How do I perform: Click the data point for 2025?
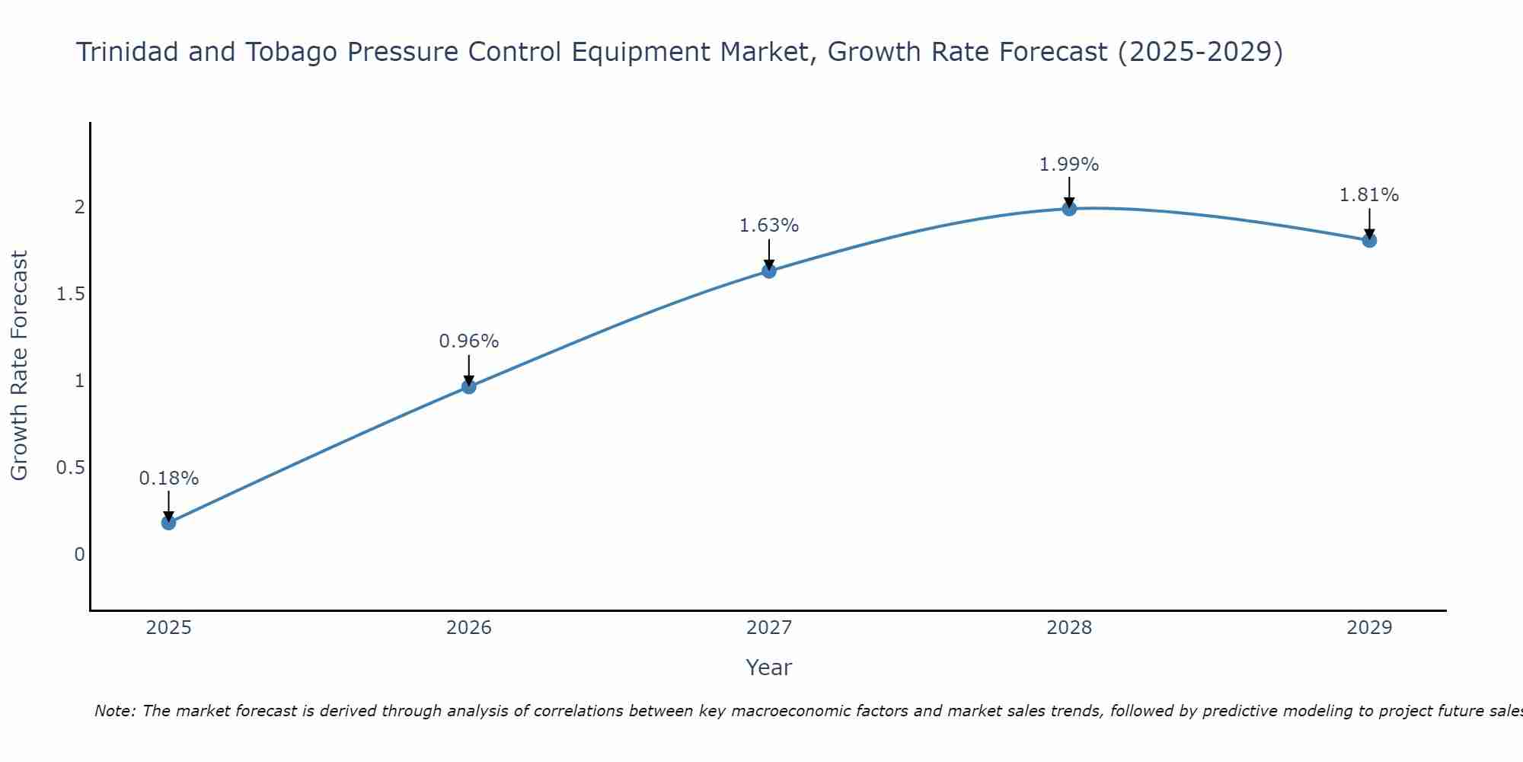pyautogui.click(x=168, y=523)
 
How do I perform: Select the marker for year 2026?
pyautogui.click(x=469, y=386)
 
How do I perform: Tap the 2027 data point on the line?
pyautogui.click(x=769, y=271)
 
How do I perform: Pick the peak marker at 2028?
pyautogui.click(x=1069, y=208)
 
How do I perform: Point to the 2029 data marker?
pyautogui.click(x=1369, y=240)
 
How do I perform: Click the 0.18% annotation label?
pyautogui.click(x=168, y=479)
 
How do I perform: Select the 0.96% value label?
pyautogui.click(x=469, y=341)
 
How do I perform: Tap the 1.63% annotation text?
pyautogui.click(x=769, y=226)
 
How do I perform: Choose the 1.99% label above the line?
pyautogui.click(x=1069, y=165)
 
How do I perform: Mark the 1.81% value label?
pyautogui.click(x=1369, y=195)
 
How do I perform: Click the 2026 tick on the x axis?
pyautogui.click(x=469, y=628)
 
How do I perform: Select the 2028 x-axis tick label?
pyautogui.click(x=1069, y=628)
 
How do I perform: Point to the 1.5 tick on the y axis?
pyautogui.click(x=70, y=294)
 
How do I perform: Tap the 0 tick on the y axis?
pyautogui.click(x=79, y=555)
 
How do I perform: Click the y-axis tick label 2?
pyautogui.click(x=79, y=207)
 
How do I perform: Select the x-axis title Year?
pyautogui.click(x=769, y=668)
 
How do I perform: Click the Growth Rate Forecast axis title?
pyautogui.click(x=19, y=366)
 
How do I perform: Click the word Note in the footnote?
pyautogui.click(x=114, y=711)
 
